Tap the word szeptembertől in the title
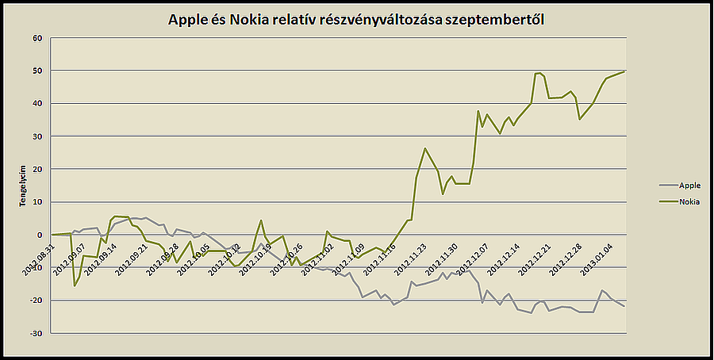click(496, 20)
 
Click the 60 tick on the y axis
click(36, 38)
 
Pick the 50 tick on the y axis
click(36, 71)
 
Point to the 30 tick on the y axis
click(36, 136)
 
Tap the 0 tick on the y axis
click(39, 235)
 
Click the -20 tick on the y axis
click(35, 301)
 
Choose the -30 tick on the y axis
click(35, 333)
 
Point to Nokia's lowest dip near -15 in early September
click(75, 285)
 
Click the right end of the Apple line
click(624, 306)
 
